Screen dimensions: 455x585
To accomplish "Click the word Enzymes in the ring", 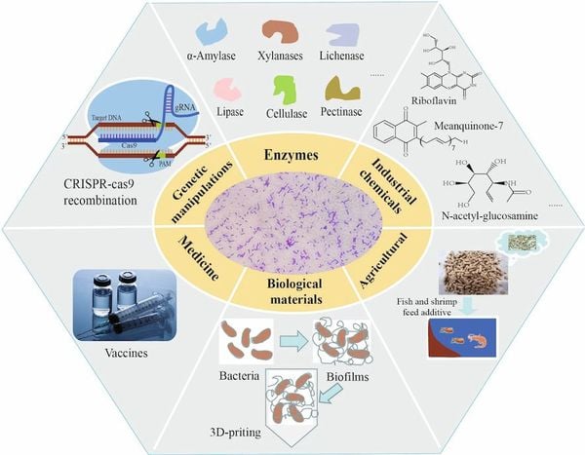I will point(289,155).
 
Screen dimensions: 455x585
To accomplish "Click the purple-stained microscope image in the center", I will point(290,223).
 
